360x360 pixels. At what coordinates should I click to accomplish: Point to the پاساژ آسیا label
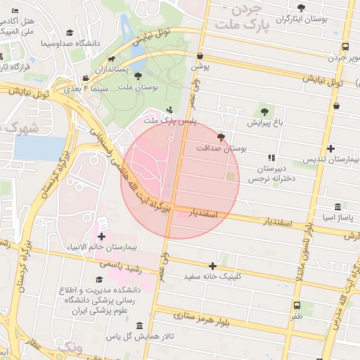pos(328,217)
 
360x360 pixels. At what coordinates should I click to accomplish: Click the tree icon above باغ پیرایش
pos(264,110)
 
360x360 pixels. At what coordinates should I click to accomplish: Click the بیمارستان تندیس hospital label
pos(330,160)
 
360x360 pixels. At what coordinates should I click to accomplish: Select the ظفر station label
pos(297,316)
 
